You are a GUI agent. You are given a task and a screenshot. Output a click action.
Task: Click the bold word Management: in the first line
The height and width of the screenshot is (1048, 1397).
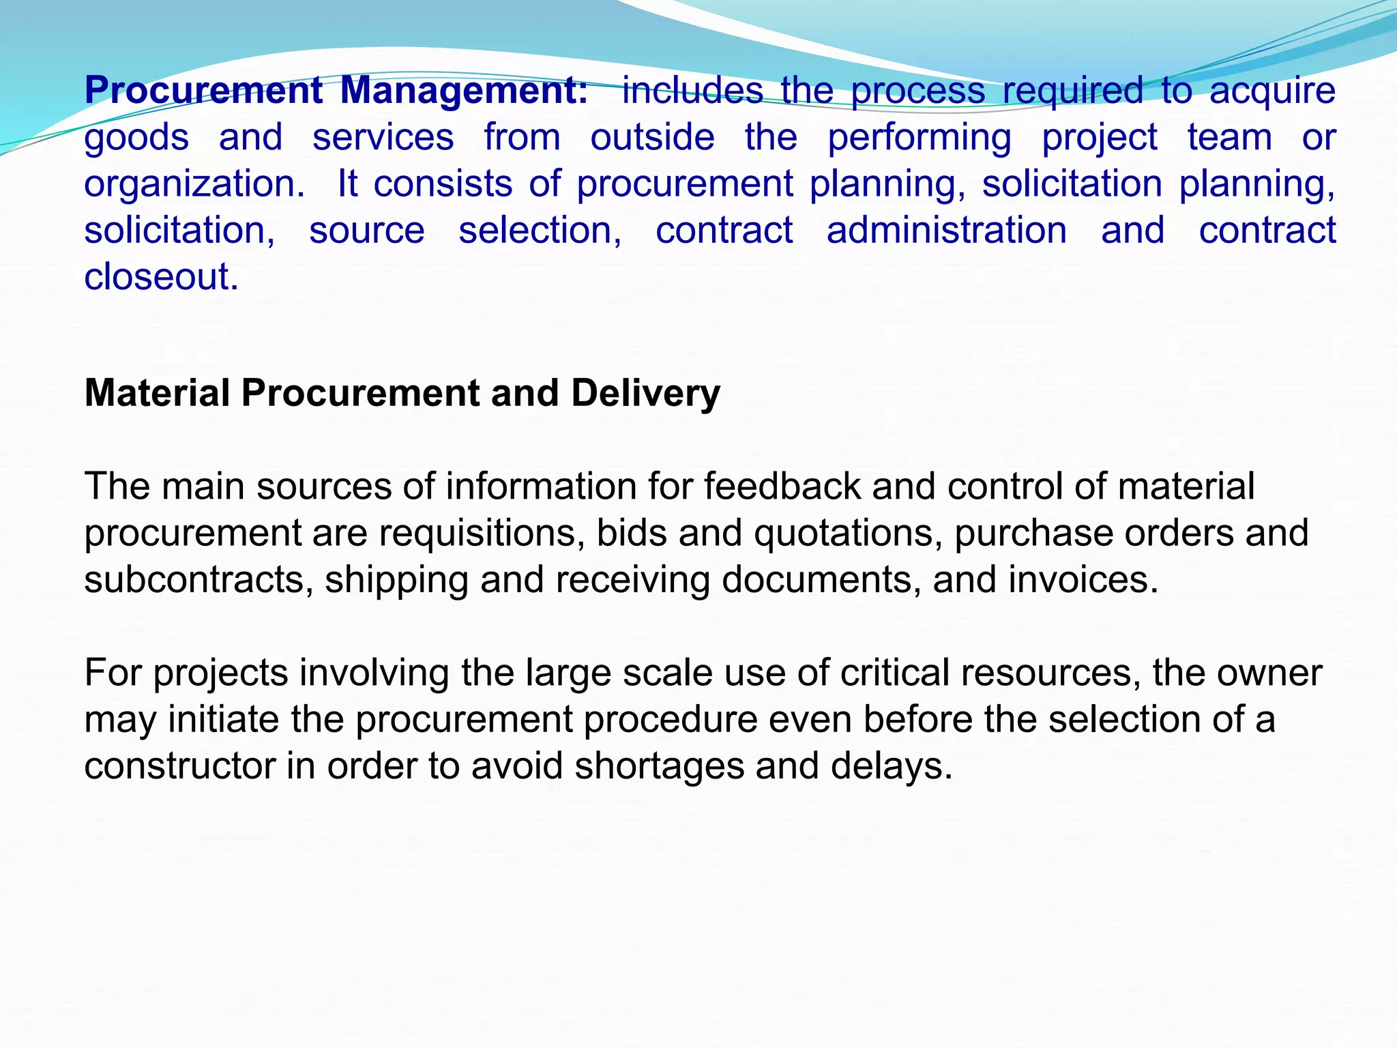click(464, 91)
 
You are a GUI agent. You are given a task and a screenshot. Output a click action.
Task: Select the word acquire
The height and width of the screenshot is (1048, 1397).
click(1272, 91)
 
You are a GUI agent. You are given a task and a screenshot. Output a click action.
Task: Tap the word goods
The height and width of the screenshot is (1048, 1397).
click(136, 138)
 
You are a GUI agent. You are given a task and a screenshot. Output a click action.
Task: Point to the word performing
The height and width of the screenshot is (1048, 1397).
click(920, 138)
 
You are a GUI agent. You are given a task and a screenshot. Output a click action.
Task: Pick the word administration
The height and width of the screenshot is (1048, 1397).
click(947, 230)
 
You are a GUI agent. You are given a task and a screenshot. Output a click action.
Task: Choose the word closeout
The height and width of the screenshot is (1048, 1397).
click(161, 277)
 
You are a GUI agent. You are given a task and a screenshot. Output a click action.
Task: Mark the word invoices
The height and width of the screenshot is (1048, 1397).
click(1083, 580)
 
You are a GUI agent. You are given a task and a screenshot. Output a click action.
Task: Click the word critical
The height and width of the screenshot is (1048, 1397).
click(895, 673)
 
